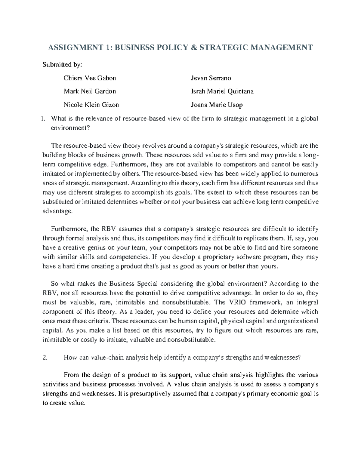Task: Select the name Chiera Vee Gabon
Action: tap(90, 78)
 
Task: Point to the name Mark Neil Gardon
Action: tap(90, 91)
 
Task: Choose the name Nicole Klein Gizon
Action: tap(91, 105)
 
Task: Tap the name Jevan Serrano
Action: tap(211, 78)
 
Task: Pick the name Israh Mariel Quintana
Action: tap(222, 91)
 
